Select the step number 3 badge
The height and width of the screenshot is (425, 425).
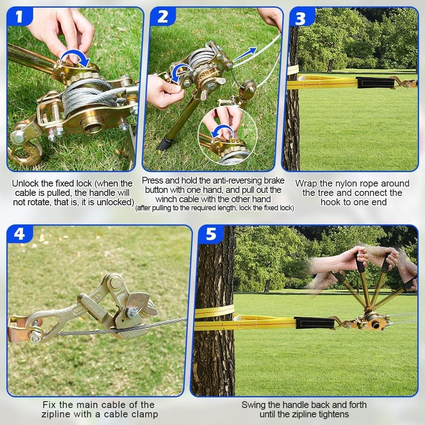300,18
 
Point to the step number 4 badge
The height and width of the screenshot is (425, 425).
19,234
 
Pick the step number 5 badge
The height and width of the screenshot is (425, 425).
211,234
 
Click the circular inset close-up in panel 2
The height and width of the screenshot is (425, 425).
227,136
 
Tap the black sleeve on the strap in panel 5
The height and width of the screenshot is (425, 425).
314,323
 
